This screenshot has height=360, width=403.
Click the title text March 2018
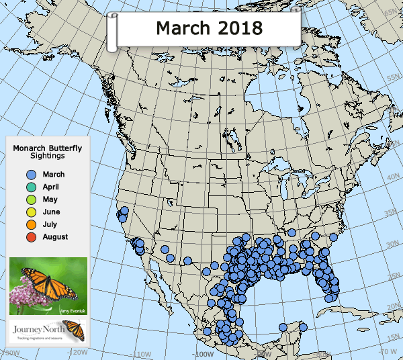pos(208,28)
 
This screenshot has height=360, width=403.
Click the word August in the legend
pos(55,237)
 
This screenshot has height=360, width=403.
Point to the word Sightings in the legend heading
pos(48,155)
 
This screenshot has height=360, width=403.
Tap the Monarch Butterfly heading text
pos(48,148)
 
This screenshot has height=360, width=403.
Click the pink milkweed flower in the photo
pos(27,296)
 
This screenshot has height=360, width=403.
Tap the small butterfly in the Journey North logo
pos(77,330)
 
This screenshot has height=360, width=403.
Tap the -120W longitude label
pos(79,352)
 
